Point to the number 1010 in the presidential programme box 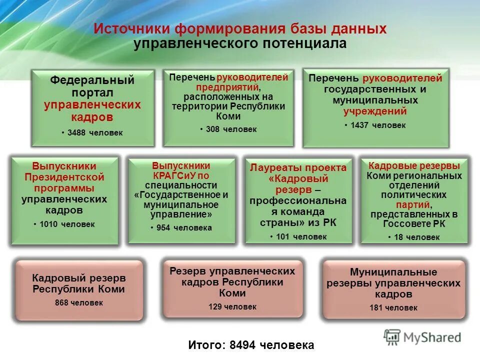(50, 224)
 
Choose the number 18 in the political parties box (398, 237)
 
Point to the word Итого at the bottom (205, 344)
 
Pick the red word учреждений (375, 111)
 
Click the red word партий (413, 205)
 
